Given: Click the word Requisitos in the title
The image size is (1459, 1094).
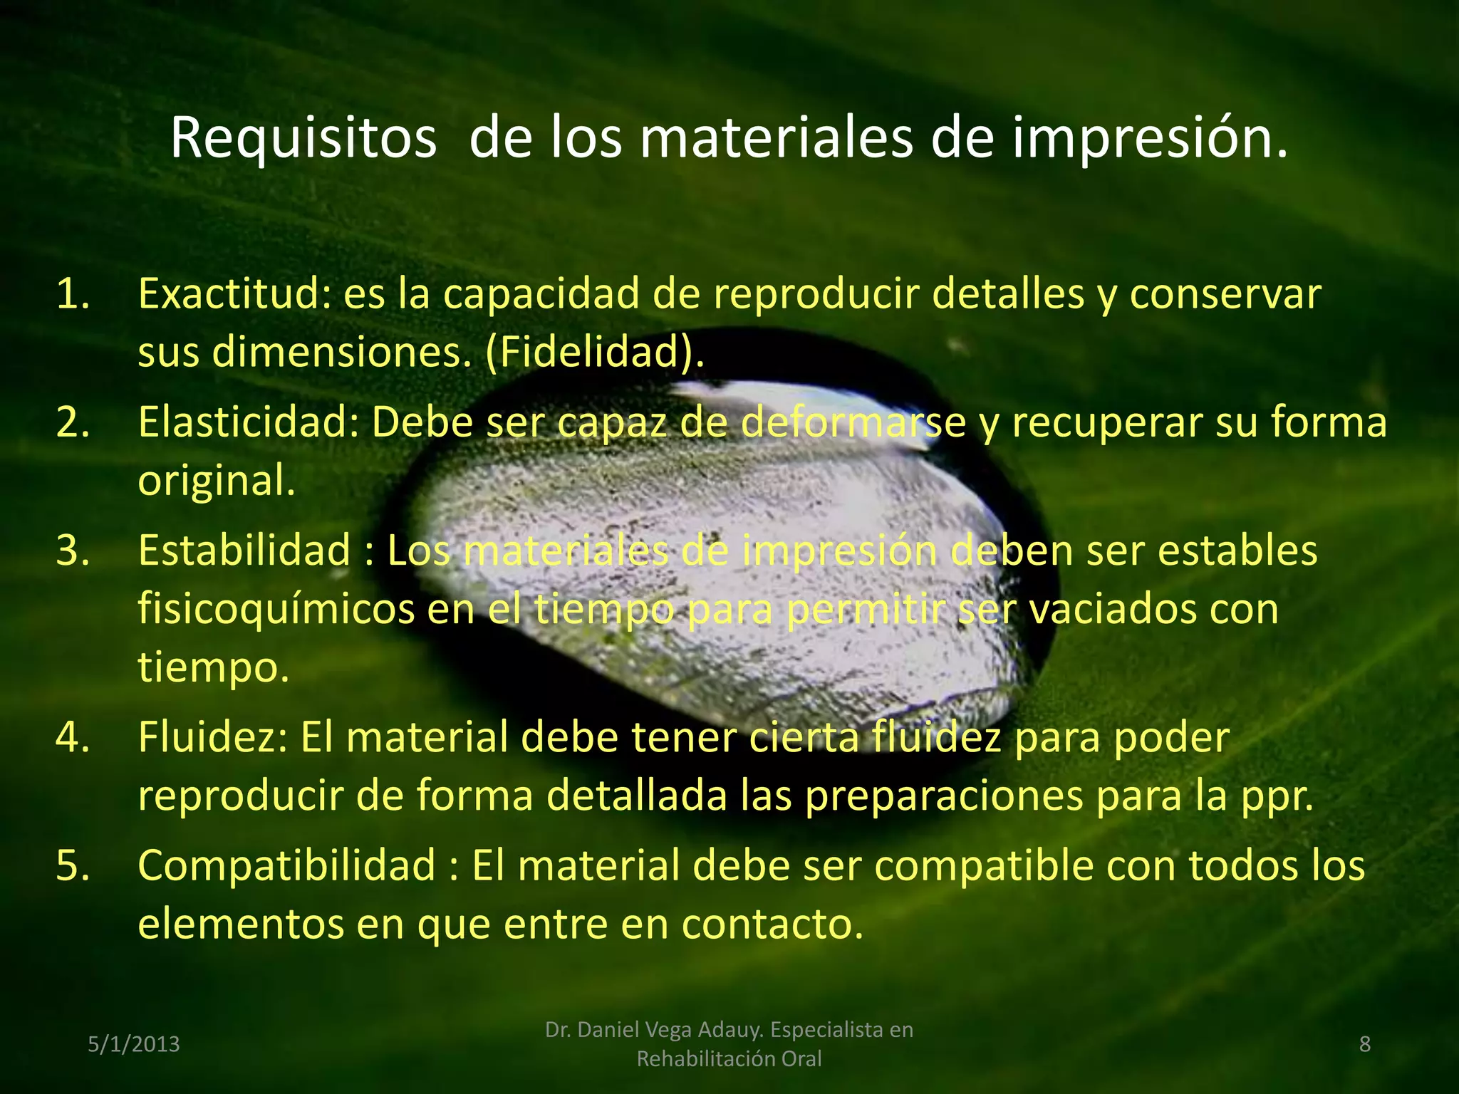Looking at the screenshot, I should (303, 137).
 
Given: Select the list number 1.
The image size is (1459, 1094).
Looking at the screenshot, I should (73, 293).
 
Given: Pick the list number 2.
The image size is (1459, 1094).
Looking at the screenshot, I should (73, 422).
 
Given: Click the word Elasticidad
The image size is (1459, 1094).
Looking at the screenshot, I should (249, 422).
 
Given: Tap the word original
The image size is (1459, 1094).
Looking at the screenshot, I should (216, 480).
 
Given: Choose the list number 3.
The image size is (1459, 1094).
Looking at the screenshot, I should (73, 550).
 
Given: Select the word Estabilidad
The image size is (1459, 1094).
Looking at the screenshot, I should (244, 550).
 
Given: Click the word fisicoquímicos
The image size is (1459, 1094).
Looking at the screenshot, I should (276, 609).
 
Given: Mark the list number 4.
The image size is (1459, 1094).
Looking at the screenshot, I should (73, 736).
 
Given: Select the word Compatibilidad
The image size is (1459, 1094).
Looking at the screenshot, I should (286, 865).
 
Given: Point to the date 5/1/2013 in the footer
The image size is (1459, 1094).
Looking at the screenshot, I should (134, 1044).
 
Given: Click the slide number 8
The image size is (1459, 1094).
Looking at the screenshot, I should (1364, 1044).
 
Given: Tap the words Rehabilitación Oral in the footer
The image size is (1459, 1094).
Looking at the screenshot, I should (729, 1059).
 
